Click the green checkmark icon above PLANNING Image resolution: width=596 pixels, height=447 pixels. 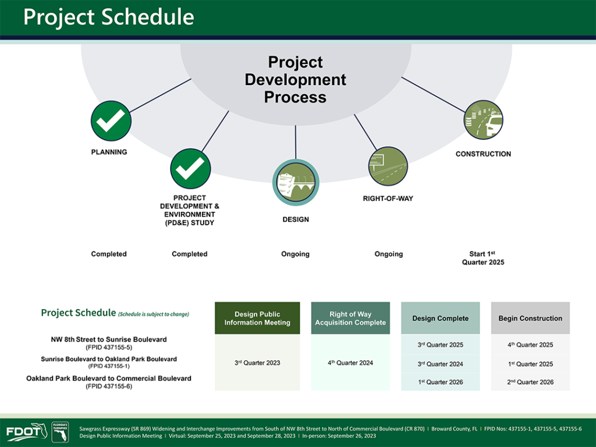(x=111, y=121)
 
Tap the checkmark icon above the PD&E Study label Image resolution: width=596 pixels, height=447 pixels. (x=190, y=168)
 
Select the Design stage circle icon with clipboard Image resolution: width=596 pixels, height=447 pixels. (x=296, y=182)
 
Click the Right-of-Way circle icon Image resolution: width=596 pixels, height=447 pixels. (x=388, y=166)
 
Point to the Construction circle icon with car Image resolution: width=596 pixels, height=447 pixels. (x=484, y=120)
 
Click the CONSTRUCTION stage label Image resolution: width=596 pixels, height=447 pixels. (x=483, y=154)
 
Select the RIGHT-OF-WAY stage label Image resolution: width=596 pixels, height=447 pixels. (x=388, y=198)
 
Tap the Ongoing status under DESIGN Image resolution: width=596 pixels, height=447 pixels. (x=295, y=254)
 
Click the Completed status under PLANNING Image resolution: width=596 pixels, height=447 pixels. (x=109, y=254)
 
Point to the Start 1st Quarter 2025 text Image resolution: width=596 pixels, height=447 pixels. (x=483, y=258)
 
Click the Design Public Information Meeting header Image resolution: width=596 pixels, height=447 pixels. (x=257, y=318)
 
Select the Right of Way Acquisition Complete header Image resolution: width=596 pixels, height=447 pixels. (x=350, y=318)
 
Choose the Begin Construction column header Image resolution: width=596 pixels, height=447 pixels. (x=530, y=318)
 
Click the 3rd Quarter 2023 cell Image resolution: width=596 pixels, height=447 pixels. (x=257, y=363)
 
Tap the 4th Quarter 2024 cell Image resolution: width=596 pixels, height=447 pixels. (x=350, y=363)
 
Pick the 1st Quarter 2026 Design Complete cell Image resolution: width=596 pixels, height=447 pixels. (x=441, y=382)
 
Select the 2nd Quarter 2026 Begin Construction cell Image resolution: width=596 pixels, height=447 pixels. (x=530, y=382)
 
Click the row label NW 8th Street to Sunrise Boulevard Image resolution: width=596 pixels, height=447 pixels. (x=109, y=339)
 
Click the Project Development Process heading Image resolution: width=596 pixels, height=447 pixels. (x=295, y=80)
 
